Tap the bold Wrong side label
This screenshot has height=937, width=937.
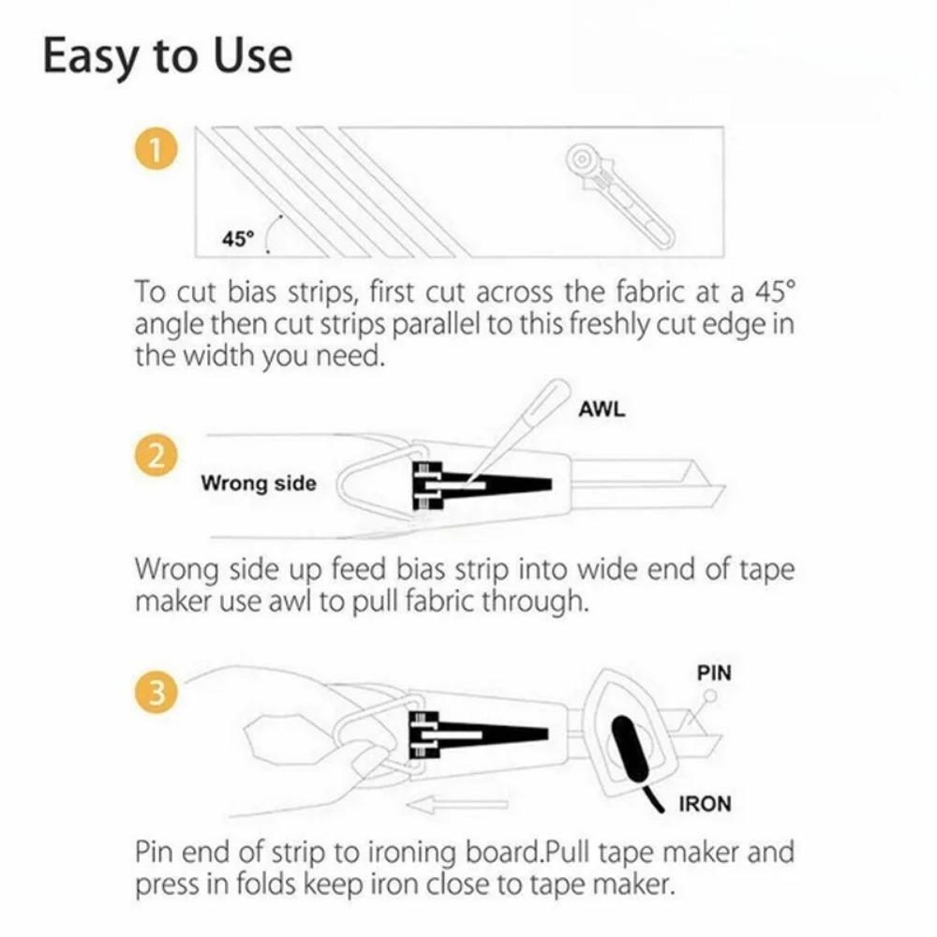pyautogui.click(x=259, y=483)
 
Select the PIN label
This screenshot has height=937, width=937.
pyautogui.click(x=716, y=673)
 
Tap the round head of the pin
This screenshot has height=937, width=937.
pyautogui.click(x=710, y=696)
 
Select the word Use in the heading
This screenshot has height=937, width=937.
pyautogui.click(x=254, y=56)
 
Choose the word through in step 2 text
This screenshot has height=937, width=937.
pyautogui.click(x=534, y=601)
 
